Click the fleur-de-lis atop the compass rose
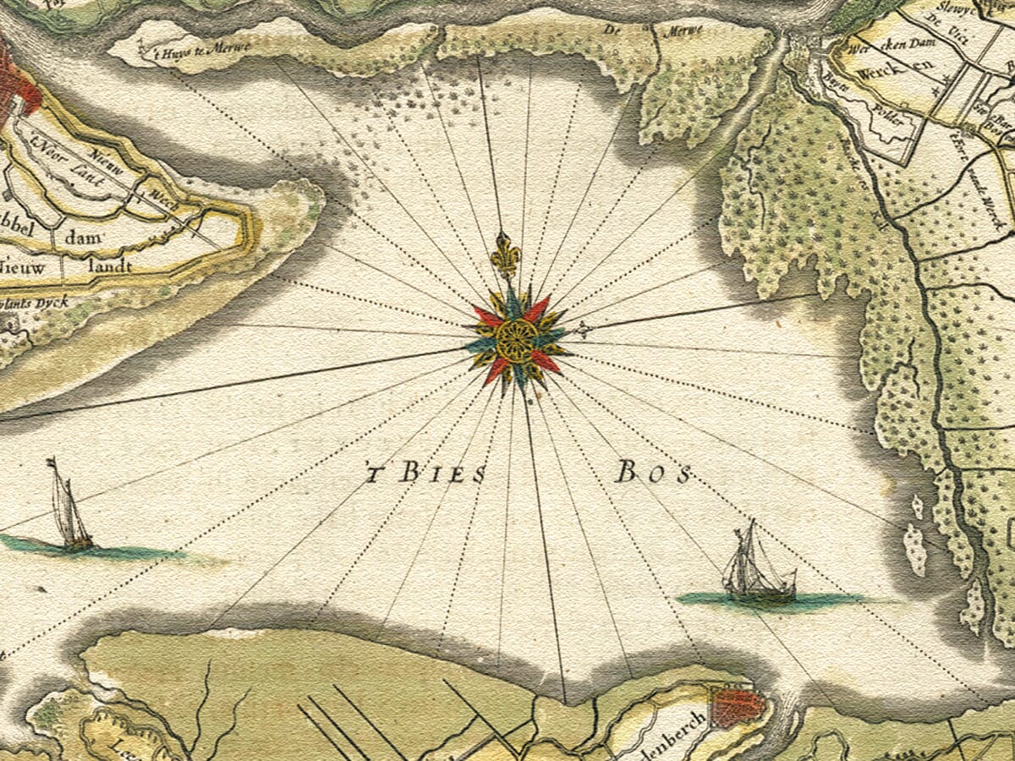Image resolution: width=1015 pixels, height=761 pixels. click(506, 255)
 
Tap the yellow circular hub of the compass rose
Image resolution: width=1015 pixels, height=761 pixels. click(516, 339)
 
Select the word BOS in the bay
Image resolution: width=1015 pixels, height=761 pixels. click(652, 473)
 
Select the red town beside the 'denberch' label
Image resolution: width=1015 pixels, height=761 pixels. click(736, 706)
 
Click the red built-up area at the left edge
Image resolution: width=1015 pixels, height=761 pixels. click(15, 80)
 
